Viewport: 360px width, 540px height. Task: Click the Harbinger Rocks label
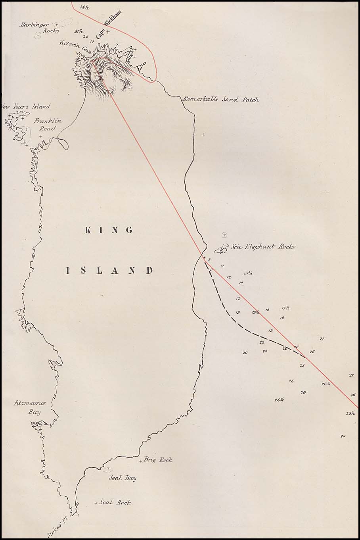click(x=40, y=27)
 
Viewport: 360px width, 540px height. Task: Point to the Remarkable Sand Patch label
click(x=221, y=99)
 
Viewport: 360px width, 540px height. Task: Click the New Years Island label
click(x=25, y=106)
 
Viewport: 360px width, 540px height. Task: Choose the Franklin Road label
click(x=44, y=125)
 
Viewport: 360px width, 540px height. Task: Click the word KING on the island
click(x=109, y=230)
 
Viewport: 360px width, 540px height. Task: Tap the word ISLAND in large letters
click(x=109, y=271)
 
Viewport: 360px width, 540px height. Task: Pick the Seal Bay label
click(x=123, y=478)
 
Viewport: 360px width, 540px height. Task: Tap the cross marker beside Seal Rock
click(x=96, y=503)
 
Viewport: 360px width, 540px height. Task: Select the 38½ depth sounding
click(x=84, y=7)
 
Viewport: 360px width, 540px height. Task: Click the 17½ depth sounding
click(x=285, y=308)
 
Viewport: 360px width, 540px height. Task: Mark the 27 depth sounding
click(x=322, y=339)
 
